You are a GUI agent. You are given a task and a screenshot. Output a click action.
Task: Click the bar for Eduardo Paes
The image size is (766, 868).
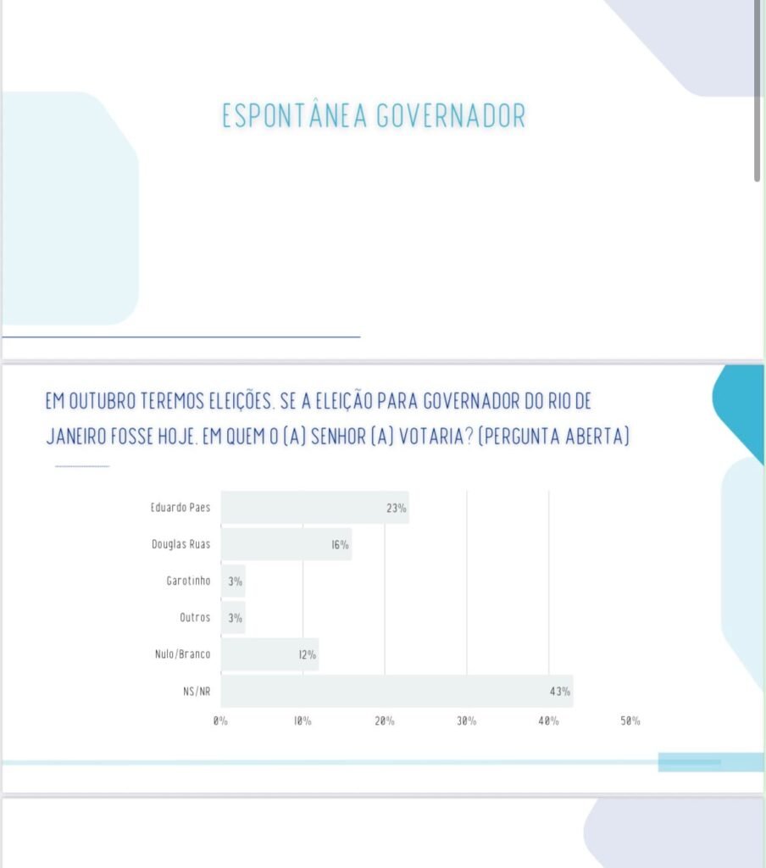point(315,507)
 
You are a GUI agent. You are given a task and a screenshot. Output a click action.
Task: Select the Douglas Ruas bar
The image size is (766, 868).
point(286,544)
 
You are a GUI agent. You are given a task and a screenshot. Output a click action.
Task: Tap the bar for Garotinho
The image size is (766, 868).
point(233,581)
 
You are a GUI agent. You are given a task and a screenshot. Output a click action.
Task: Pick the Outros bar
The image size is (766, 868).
point(233,618)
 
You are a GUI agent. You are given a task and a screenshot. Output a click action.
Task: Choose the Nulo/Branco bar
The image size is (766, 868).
point(269,654)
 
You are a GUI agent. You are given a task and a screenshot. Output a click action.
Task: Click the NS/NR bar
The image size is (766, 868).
point(397,691)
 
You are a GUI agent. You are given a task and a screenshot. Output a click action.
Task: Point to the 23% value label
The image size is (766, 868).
point(397,508)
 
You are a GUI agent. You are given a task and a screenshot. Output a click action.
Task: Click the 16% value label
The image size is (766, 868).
point(341,545)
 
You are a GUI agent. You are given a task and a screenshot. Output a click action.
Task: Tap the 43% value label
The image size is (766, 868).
point(559,692)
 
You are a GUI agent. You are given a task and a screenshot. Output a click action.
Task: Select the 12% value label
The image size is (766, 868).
point(308,655)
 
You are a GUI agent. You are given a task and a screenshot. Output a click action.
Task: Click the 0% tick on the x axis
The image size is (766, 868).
point(220,721)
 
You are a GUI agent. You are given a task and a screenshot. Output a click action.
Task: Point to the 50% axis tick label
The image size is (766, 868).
point(630,721)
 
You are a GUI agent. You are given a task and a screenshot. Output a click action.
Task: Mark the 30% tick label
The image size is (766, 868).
point(467,721)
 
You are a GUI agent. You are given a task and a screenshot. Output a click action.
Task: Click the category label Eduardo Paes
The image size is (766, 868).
point(180,507)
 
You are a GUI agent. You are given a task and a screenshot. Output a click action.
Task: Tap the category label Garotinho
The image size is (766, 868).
point(188,581)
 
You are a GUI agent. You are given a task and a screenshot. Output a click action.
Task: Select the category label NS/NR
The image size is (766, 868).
point(197,692)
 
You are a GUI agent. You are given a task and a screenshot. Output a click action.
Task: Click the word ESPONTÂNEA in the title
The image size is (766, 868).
point(294,114)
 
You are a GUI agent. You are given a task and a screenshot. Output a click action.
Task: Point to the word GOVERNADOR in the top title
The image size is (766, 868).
point(451,115)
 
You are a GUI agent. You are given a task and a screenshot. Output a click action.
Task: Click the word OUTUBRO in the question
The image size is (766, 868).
point(102,401)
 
